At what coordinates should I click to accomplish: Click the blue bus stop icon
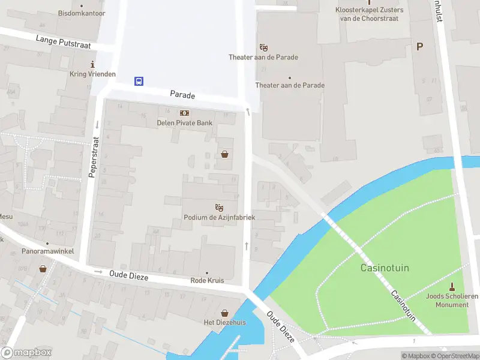pyautogui.click(x=139, y=82)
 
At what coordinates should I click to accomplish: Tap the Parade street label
pyautogui.click(x=182, y=95)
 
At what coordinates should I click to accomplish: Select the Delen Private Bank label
pyautogui.click(x=184, y=123)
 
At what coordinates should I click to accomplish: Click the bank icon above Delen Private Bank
pyautogui.click(x=184, y=113)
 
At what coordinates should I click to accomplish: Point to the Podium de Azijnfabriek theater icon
pyautogui.click(x=219, y=207)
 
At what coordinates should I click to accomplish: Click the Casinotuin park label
pyautogui.click(x=385, y=268)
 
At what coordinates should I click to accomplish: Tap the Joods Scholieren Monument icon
pyautogui.click(x=452, y=286)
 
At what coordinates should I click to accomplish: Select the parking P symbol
pyautogui.click(x=419, y=46)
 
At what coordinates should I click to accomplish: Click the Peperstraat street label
pyautogui.click(x=93, y=157)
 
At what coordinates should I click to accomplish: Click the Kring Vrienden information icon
pyautogui.click(x=92, y=64)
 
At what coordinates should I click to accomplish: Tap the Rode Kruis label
pyautogui.click(x=207, y=280)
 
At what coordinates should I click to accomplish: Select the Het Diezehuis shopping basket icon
pyautogui.click(x=224, y=313)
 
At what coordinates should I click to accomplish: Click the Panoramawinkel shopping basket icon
pyautogui.click(x=43, y=268)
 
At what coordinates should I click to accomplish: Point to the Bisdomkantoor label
pyautogui.click(x=82, y=13)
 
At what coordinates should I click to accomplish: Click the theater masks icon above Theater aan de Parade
pyautogui.click(x=263, y=47)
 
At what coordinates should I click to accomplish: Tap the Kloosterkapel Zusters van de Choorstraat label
pyautogui.click(x=370, y=14)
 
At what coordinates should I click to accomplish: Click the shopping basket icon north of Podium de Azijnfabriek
pyautogui.click(x=224, y=154)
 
